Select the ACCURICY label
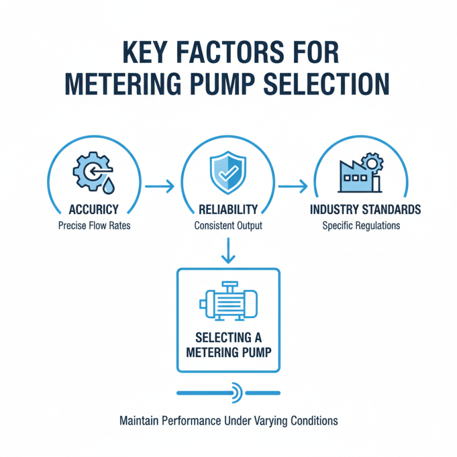(94, 210)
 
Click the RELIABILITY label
(228, 210)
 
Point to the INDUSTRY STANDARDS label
(365, 210)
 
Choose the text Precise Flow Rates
(94, 226)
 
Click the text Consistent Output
(228, 226)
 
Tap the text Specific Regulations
(361, 226)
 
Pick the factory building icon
(357, 175)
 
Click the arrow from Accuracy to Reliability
(161, 186)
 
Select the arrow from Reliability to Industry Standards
(292, 186)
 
